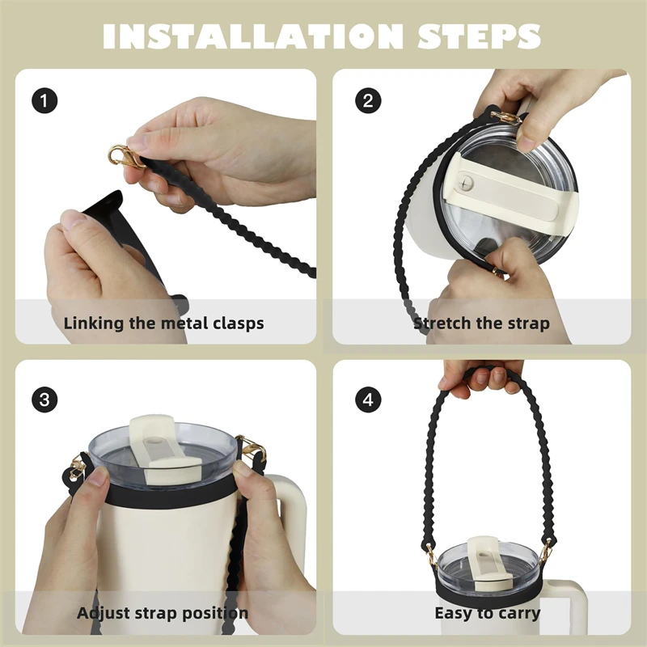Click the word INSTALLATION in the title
point(252,36)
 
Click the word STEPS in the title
point(479,36)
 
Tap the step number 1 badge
point(44,100)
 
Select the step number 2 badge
point(368,100)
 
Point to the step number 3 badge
point(44,400)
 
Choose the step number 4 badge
point(368,400)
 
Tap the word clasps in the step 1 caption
point(238,323)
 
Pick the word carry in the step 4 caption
point(518,614)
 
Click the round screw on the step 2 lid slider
point(466,183)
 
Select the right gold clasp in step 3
point(250,446)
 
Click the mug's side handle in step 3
point(291,524)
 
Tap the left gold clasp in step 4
point(431,555)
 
